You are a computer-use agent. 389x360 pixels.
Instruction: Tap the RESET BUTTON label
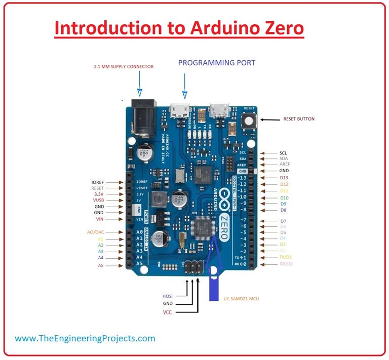tap(299, 119)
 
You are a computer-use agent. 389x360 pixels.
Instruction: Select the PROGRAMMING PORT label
tap(217, 63)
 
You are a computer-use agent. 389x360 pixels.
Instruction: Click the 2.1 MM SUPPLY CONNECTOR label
tap(124, 66)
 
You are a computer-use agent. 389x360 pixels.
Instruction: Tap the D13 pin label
tap(284, 178)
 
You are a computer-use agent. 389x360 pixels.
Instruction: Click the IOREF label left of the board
tap(98, 182)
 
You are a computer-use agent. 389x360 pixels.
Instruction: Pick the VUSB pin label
tap(98, 201)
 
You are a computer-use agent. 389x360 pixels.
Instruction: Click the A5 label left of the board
tap(100, 265)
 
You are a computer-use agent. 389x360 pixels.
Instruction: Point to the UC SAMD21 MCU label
tap(241, 299)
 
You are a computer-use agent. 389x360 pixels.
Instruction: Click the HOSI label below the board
tap(168, 296)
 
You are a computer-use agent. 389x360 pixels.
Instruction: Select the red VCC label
tap(167, 312)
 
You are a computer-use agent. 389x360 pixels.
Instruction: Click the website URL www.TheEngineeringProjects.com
tap(85, 338)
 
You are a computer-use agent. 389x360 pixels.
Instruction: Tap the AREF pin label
tap(284, 165)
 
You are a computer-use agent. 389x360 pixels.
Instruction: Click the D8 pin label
tap(283, 210)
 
